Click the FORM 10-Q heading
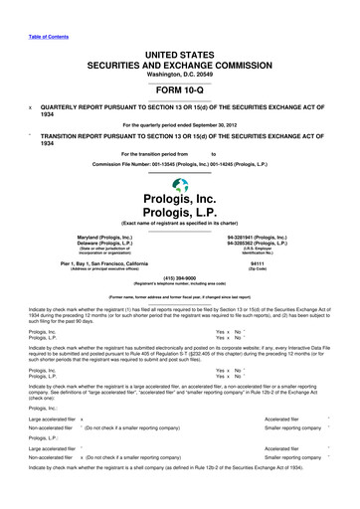coord(180,84)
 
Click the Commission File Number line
coord(180,164)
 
